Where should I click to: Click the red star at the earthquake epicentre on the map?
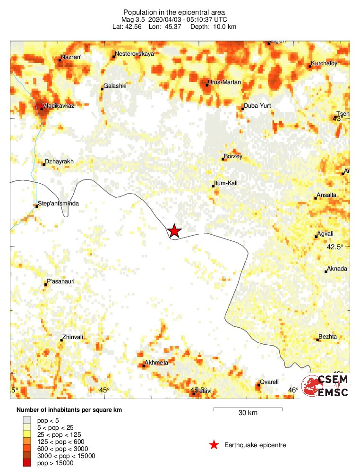174,230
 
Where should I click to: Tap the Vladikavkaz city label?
58,105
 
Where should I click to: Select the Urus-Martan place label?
224,83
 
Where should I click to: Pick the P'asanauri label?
61,281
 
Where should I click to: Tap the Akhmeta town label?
156,363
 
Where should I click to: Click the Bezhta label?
328,337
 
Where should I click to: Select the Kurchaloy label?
324,63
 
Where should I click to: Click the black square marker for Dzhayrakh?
44,164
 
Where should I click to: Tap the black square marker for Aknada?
326,272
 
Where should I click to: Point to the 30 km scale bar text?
248,413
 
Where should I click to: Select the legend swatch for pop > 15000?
27,463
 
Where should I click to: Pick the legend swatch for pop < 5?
27,419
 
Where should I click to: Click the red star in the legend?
214,445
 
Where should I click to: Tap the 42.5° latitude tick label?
337,247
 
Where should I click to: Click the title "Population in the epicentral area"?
174,12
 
